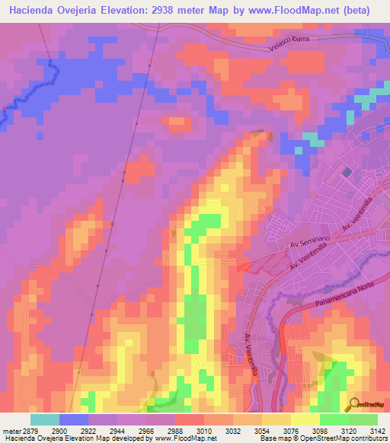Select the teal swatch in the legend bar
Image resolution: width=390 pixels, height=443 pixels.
click(44, 419)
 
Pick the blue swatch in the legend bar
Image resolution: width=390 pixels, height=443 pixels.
click(73, 419)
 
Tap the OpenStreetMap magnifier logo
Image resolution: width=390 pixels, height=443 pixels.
click(353, 403)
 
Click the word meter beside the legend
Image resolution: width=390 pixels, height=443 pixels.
click(11, 430)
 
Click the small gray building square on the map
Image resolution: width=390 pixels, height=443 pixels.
click(347, 173)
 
